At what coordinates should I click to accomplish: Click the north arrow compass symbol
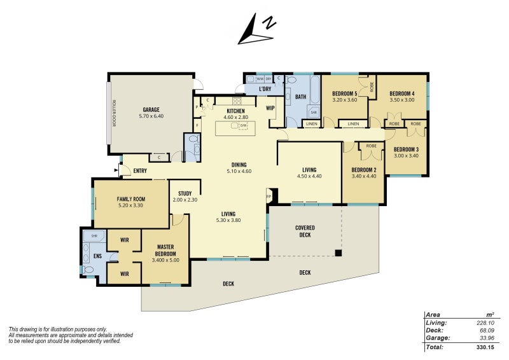[256, 31]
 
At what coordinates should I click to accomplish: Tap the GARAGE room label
[151, 109]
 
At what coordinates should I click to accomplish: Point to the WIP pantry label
[270, 108]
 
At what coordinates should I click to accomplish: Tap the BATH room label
[301, 97]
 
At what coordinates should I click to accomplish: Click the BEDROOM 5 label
[345, 93]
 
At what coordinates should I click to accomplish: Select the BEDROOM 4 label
[401, 93]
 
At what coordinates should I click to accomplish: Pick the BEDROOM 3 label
[407, 149]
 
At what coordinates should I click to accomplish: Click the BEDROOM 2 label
[364, 170]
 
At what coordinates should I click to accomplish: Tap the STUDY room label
[185, 193]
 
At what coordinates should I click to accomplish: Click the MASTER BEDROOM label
[165, 250]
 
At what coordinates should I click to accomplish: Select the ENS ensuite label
[97, 256]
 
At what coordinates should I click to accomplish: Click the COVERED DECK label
[305, 231]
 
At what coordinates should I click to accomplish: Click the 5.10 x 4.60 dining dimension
[239, 171]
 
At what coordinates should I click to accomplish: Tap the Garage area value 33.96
[485, 338]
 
